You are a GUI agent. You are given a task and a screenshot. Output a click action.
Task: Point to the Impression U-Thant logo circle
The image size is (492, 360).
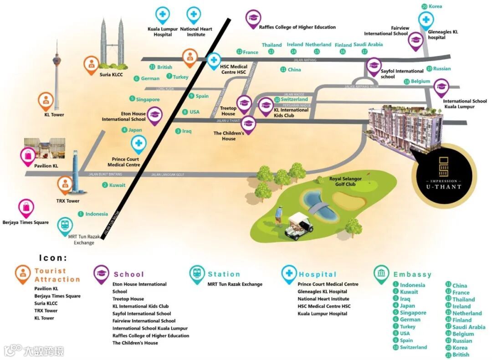pos(444,176)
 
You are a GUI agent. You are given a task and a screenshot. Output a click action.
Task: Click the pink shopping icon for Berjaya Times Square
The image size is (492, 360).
pos(26,208)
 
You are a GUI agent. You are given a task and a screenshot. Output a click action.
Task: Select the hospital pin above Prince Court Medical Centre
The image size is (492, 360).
pos(138,144)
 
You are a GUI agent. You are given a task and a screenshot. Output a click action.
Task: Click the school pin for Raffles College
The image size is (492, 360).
pos(252,19)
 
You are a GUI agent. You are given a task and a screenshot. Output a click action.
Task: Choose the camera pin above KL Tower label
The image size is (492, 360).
pos(46,101)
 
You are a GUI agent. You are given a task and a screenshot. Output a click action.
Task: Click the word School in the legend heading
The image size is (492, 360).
pos(129,274)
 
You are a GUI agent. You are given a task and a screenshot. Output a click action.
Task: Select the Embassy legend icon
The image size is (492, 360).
pos(381,274)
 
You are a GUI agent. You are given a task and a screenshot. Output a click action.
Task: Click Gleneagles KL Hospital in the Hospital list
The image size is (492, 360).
pos(322,292)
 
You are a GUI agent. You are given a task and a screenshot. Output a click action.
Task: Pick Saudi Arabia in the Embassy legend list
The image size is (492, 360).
pos(469,327)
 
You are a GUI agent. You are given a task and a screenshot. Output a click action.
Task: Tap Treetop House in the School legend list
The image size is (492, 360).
pos(128,299)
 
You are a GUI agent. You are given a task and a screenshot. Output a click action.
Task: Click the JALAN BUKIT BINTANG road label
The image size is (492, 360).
pos(106,174)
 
